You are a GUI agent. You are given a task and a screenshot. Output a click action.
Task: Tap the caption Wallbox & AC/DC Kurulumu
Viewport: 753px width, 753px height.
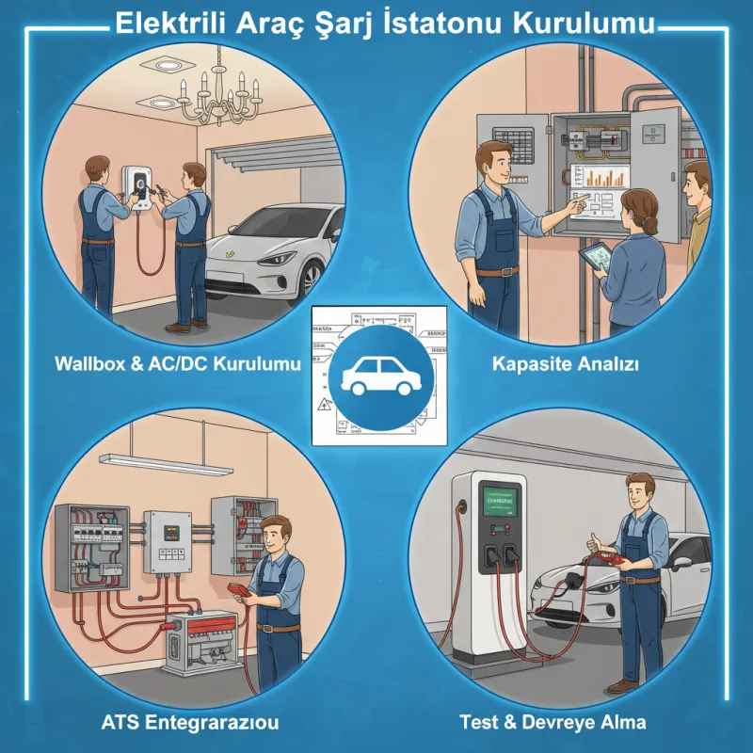click(x=177, y=364)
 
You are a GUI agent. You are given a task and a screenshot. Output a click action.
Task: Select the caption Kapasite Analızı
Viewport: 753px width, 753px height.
click(x=566, y=364)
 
